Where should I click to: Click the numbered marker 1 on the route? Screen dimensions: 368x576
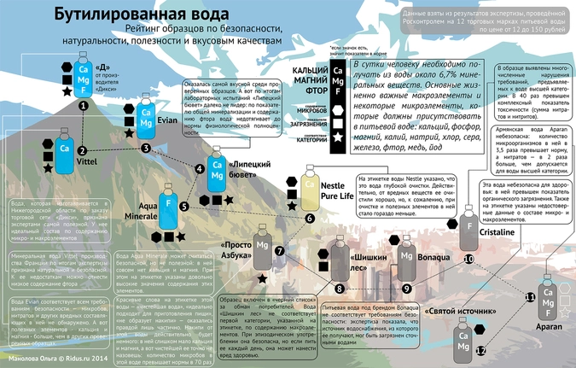click(83, 104)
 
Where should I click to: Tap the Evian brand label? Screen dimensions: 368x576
click(167, 122)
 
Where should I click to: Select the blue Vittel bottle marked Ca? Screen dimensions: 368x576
click(62, 148)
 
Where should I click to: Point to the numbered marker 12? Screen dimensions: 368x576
click(480, 350)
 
